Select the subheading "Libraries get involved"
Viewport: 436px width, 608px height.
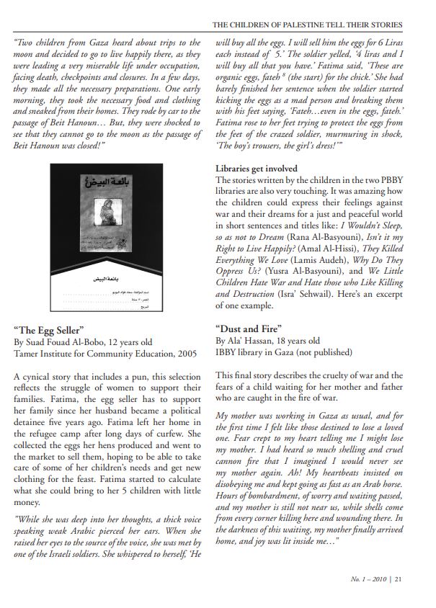coord(256,169)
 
